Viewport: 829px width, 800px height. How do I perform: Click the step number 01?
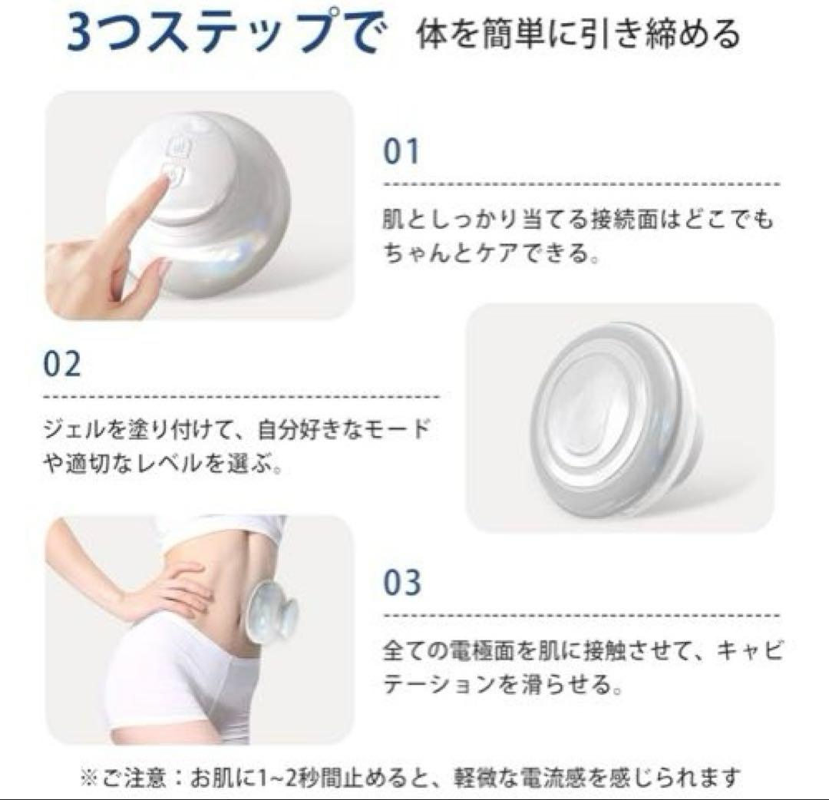point(401,151)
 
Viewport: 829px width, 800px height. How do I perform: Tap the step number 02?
point(62,364)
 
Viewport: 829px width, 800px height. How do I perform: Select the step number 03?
point(402,582)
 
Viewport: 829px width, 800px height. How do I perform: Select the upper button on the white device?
point(177,145)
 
